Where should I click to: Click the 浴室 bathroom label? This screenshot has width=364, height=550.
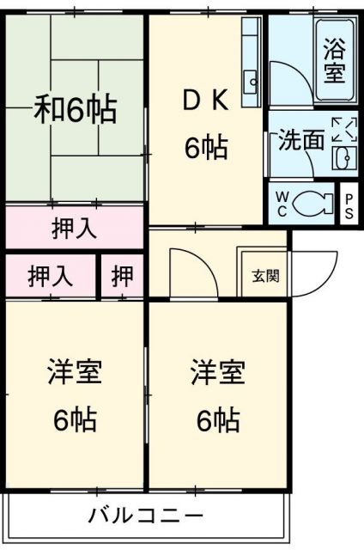(334, 60)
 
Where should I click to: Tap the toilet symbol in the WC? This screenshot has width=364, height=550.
(311, 205)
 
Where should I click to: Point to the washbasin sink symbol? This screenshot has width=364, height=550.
(342, 158)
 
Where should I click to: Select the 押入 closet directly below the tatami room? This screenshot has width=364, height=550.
(74, 229)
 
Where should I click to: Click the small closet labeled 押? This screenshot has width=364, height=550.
(123, 276)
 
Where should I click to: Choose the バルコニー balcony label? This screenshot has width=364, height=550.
(146, 516)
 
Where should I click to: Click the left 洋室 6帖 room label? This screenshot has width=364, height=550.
(74, 396)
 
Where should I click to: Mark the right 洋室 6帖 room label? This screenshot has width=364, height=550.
(218, 396)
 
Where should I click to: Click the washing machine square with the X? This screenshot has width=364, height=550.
(343, 130)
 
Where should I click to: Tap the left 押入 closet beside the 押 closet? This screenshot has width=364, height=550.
(50, 276)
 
